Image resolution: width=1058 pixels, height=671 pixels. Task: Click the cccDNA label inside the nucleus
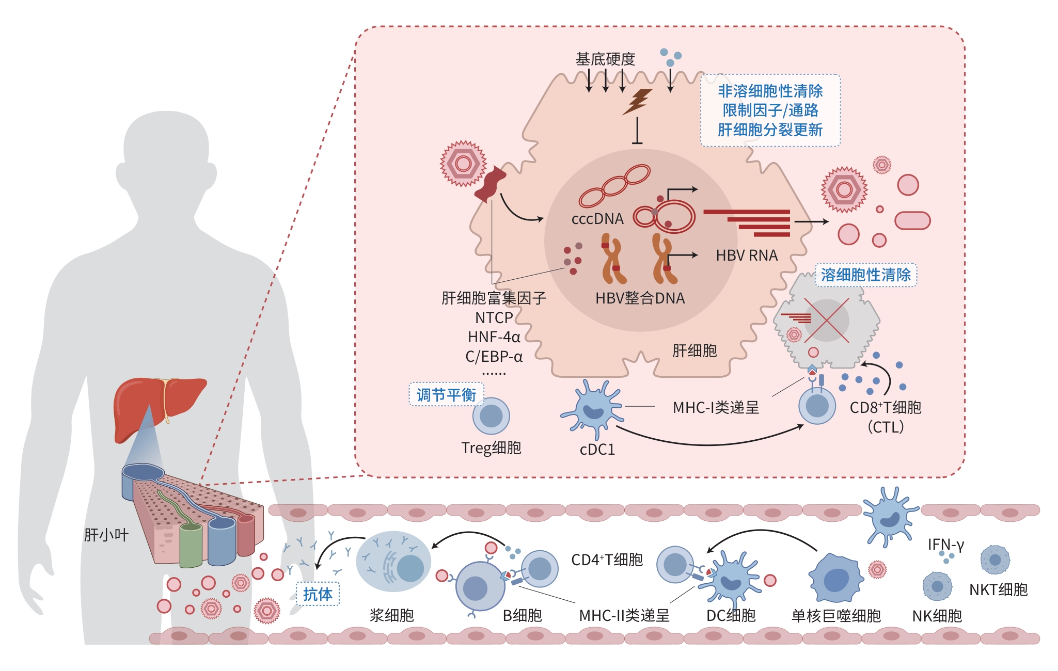point(597,219)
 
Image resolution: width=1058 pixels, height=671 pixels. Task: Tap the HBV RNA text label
point(747,255)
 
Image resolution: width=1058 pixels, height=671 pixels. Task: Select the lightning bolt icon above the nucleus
point(637,101)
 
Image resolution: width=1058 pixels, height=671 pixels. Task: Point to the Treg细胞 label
point(491,448)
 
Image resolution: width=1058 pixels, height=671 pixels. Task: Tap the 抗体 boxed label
point(318,594)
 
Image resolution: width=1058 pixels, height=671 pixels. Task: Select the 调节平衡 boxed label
point(446,395)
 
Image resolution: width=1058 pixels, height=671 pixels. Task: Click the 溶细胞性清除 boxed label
point(865,275)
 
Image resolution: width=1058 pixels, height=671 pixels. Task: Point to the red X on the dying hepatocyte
point(826,320)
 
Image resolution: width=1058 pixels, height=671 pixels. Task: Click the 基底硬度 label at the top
point(605,59)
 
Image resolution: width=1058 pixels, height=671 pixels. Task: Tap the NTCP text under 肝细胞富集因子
point(494,317)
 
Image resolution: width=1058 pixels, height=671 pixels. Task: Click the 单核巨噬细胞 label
point(836,616)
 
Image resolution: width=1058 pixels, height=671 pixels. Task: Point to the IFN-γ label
point(945,545)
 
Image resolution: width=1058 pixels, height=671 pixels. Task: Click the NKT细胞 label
point(998,589)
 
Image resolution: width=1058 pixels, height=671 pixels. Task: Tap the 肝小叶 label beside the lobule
point(106,535)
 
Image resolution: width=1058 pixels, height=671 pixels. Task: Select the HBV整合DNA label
point(640,298)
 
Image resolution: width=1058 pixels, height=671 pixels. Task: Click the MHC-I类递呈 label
point(716,408)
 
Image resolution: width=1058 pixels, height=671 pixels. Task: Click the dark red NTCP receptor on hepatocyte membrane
point(489,185)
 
